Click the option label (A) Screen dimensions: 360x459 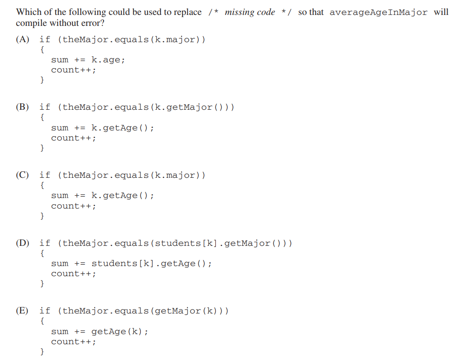point(22,40)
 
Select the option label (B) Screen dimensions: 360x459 point(22,107)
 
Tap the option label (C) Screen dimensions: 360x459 point(22,175)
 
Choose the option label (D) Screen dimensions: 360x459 point(22,243)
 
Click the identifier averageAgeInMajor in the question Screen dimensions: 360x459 point(378,12)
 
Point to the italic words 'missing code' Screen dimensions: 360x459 point(250,12)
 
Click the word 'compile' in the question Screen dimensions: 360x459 point(30,23)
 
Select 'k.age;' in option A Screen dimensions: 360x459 point(108,60)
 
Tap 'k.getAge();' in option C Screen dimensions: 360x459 point(122,195)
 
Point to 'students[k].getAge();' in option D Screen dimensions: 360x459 point(151,263)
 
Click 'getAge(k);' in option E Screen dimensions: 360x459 point(119,331)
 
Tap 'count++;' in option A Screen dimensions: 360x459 point(73,70)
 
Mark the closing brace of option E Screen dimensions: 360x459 point(42,351)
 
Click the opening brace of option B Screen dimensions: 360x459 point(42,117)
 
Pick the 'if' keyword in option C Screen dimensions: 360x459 point(45,175)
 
